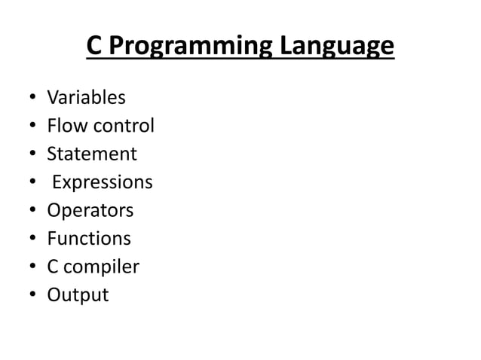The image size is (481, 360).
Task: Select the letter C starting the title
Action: [x=94, y=46]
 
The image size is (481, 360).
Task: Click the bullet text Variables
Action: [x=87, y=98]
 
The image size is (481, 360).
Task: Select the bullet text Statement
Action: [x=92, y=154]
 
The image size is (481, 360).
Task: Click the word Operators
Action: [x=90, y=211]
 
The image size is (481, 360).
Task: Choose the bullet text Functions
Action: [x=89, y=239]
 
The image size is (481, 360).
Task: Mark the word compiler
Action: [x=104, y=267]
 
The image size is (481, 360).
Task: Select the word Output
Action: [x=78, y=295]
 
